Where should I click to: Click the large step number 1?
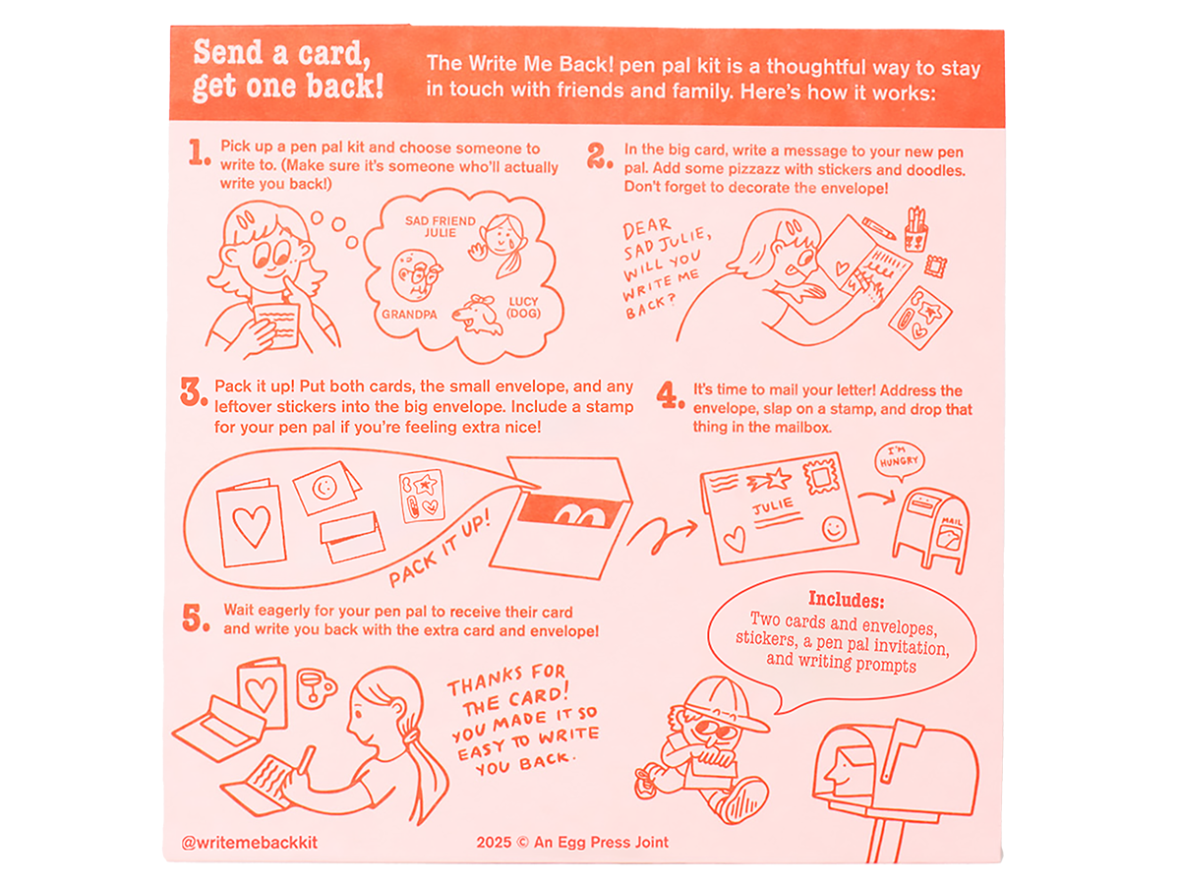[198, 152]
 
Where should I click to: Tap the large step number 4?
[670, 394]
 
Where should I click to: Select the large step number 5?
[195, 618]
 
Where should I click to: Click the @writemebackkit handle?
[250, 842]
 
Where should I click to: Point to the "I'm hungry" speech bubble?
[898, 460]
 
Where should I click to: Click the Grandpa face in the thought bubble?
[416, 276]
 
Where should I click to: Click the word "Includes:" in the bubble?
[847, 600]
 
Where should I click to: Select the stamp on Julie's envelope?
[821, 475]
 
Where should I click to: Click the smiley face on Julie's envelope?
[834, 528]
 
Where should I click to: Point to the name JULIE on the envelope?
[773, 505]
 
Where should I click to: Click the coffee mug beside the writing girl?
[315, 688]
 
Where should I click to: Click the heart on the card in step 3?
[252, 525]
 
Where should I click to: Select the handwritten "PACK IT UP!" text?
[440, 548]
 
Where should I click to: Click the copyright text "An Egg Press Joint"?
[601, 842]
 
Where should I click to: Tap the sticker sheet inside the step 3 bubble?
[422, 497]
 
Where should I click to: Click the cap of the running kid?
[723, 703]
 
